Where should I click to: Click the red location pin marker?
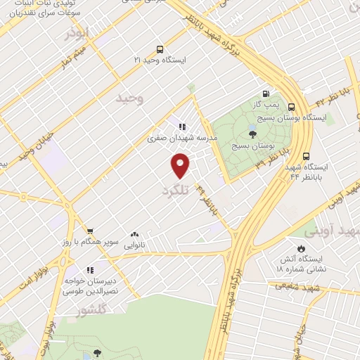coord(181,165)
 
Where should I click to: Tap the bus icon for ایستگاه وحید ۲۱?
coord(160,49)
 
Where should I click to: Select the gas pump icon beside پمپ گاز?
coord(266,94)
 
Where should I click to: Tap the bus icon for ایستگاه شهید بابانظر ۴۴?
coord(306,156)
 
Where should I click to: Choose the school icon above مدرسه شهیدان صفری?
coord(182,127)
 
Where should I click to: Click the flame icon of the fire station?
coord(301,249)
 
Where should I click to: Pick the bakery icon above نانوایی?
coord(134,236)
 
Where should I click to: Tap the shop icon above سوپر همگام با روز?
coord(89,231)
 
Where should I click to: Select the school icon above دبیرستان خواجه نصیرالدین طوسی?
coord(89,269)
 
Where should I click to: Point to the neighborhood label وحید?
coord(131,99)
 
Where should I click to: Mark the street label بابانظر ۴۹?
coord(207,200)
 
